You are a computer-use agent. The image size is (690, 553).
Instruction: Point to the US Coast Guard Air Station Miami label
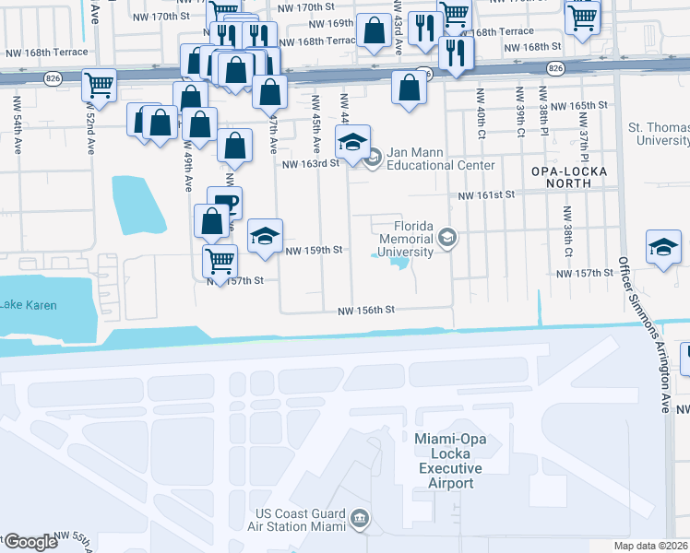click(x=301, y=520)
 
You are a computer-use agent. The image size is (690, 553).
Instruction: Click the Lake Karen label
click(x=28, y=305)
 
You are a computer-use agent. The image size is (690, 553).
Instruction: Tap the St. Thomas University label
click(x=658, y=133)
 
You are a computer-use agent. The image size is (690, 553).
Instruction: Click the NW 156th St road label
click(x=365, y=312)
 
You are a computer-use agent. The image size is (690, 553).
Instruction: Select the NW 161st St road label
click(x=486, y=195)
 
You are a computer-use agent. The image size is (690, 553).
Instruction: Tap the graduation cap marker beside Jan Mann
click(x=352, y=143)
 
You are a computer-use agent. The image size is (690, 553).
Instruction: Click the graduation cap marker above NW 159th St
click(x=265, y=237)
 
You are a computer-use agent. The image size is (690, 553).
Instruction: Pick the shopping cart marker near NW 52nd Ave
click(x=99, y=86)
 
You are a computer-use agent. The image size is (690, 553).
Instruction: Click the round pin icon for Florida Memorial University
click(x=447, y=239)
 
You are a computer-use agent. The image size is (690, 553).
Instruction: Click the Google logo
click(x=31, y=541)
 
